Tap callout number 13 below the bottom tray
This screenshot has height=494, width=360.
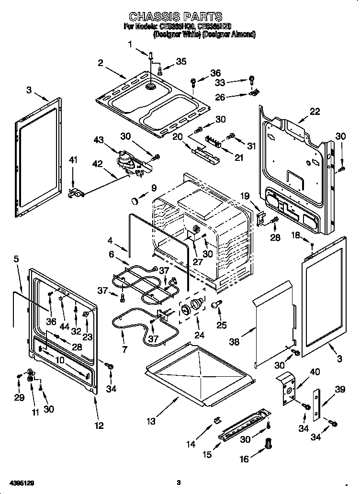[x=151, y=421]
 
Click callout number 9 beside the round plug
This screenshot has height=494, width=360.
[x=154, y=187]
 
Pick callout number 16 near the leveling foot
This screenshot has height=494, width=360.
[x=244, y=460]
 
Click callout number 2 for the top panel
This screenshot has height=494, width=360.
[x=101, y=63]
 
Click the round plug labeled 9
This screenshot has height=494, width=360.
[x=138, y=198]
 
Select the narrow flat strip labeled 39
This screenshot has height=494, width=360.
[x=316, y=404]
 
